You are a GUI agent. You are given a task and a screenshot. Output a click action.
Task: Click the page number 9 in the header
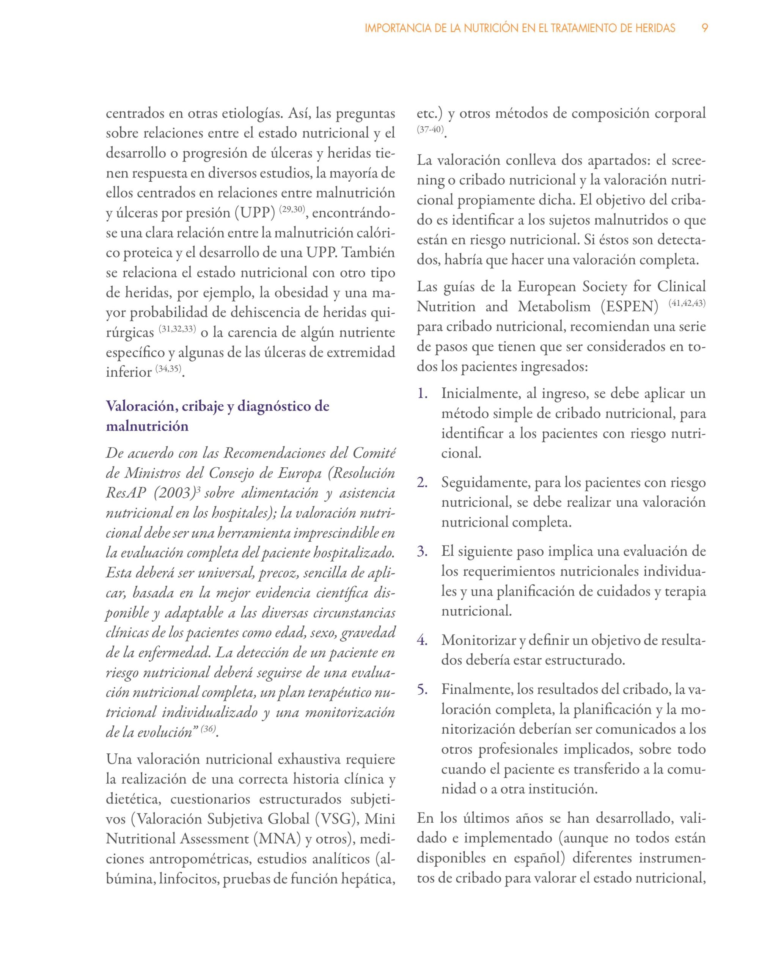[x=704, y=28]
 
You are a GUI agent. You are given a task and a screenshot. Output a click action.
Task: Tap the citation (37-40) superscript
[x=430, y=129]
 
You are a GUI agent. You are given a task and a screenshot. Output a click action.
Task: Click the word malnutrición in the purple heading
[x=147, y=426]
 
